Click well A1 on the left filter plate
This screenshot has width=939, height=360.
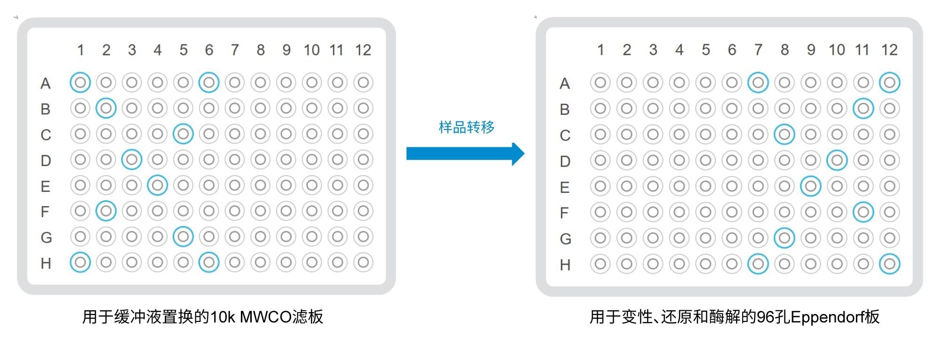point(80,83)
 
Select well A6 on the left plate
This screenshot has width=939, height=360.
point(209,83)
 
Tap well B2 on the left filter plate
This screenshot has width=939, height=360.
point(106,108)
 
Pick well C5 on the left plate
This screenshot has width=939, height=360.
point(183,134)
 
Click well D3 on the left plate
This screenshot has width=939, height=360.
point(132,160)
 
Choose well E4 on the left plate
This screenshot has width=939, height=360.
point(157,186)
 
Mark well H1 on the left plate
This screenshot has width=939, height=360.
point(80,262)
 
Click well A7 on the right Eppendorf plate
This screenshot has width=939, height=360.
point(758,83)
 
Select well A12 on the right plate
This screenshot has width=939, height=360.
point(889,83)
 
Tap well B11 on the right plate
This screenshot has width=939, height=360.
point(863,109)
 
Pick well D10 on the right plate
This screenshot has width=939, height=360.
point(837,161)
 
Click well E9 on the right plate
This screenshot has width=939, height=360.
point(810,186)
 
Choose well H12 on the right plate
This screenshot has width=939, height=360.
point(889,264)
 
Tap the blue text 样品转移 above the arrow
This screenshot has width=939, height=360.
point(467,127)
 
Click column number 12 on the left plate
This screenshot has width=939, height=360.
point(363,50)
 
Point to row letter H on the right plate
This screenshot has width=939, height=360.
point(565,265)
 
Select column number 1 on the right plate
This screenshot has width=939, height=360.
point(600,50)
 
